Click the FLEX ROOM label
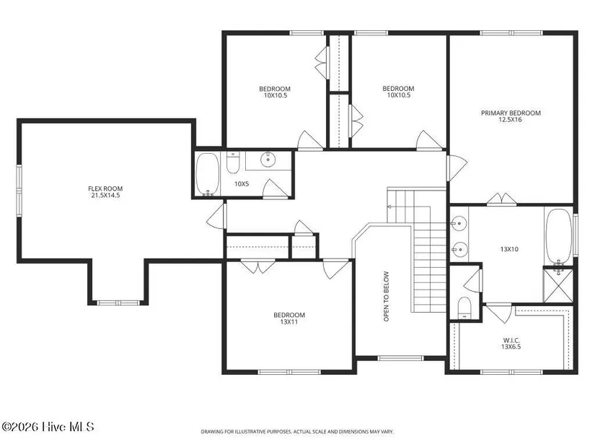(x=105, y=188)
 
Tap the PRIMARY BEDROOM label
(x=511, y=113)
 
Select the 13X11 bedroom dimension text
(x=289, y=322)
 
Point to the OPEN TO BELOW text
(x=387, y=296)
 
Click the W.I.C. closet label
(x=511, y=340)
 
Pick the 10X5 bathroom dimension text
(x=242, y=184)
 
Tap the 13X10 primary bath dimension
(x=509, y=249)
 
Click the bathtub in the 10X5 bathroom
(x=207, y=174)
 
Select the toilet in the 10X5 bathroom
(x=232, y=162)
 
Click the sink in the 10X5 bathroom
(x=268, y=159)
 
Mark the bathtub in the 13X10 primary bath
(x=558, y=236)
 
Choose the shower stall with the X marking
(x=558, y=285)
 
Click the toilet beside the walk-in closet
(x=464, y=308)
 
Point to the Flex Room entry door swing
(x=216, y=216)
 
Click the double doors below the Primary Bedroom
(x=502, y=199)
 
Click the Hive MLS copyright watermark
(x=48, y=427)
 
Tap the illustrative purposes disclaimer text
(x=297, y=432)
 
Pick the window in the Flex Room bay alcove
(x=118, y=303)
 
